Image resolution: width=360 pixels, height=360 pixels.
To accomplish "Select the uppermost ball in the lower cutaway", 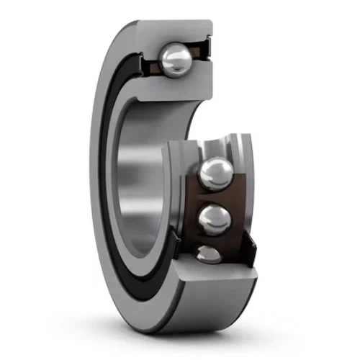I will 217,174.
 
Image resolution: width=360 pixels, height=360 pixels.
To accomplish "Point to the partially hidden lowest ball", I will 209,253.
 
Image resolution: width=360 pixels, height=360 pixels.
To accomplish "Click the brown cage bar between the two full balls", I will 216,195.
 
